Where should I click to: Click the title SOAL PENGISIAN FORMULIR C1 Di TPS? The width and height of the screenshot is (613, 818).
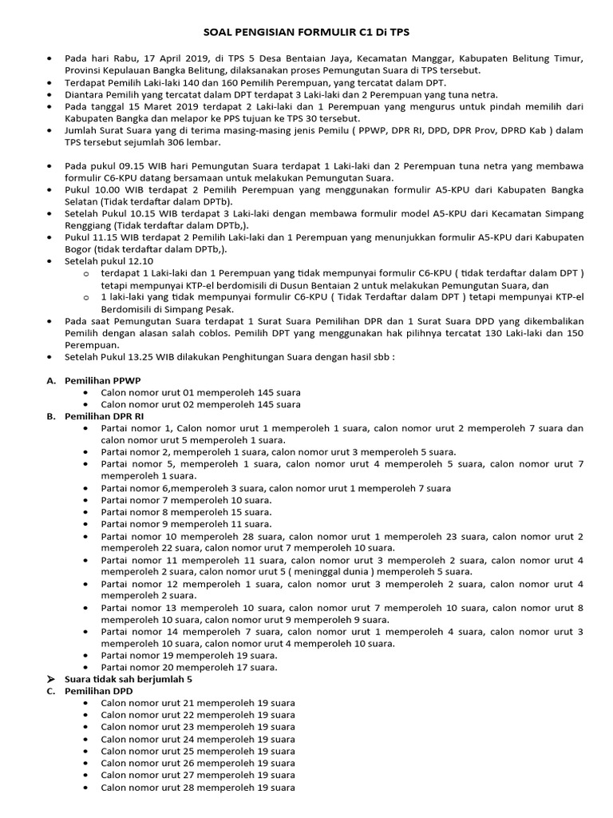click(306, 31)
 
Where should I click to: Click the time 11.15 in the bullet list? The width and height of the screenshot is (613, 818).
click(111, 237)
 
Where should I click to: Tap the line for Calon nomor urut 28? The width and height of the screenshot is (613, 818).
click(197, 787)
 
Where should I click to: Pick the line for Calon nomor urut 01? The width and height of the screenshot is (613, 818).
click(200, 393)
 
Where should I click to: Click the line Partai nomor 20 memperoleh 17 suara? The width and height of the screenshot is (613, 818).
click(189, 667)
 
